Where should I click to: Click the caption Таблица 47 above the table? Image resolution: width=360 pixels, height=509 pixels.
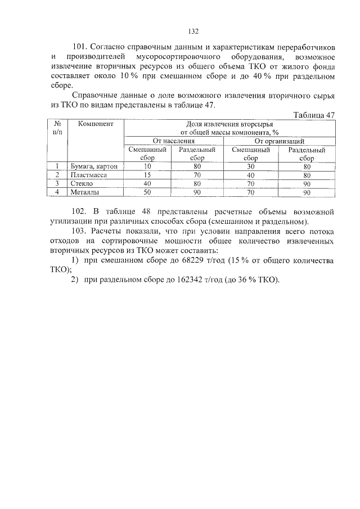314,115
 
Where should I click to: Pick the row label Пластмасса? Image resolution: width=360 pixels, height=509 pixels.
89,175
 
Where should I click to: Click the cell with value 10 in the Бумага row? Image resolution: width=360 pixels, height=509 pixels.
148,166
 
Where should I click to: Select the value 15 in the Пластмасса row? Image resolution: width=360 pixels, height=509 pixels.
148,175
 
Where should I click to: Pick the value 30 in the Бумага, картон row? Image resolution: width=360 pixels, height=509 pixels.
251,166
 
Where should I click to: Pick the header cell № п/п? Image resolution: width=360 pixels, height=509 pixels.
56,128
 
